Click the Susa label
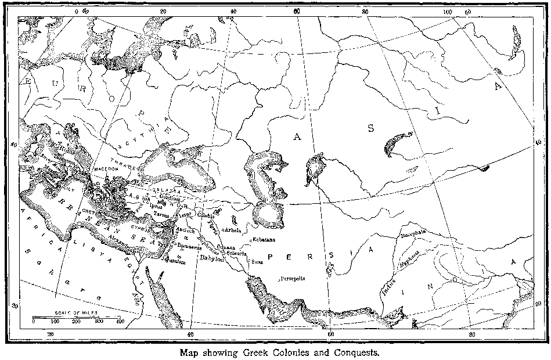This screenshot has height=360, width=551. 256,262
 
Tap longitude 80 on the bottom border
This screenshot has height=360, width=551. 471,334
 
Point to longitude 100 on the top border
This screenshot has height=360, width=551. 447,12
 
